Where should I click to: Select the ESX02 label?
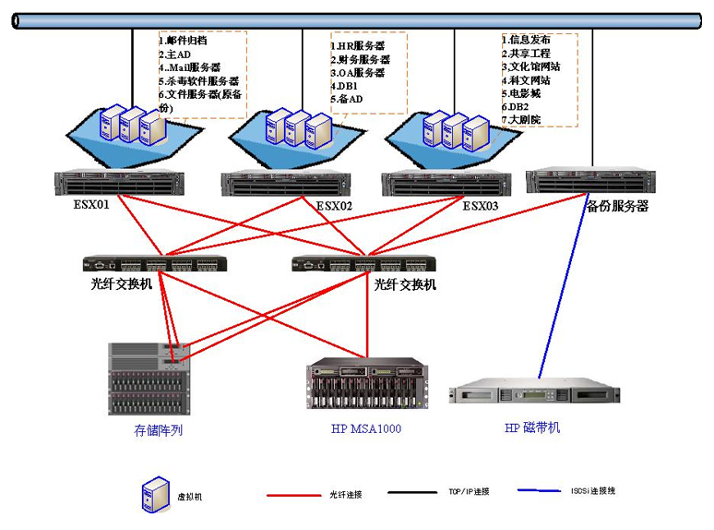click(x=334, y=206)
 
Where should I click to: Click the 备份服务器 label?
click(x=617, y=206)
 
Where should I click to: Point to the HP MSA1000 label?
click(x=366, y=428)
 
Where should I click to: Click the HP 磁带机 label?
click(x=532, y=428)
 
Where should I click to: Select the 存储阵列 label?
click(x=159, y=430)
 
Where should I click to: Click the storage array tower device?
click(x=151, y=379)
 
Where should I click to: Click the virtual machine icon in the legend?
click(x=154, y=495)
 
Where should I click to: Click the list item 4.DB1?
click(x=345, y=86)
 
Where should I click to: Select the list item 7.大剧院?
click(x=521, y=120)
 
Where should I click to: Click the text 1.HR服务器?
click(x=358, y=45)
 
